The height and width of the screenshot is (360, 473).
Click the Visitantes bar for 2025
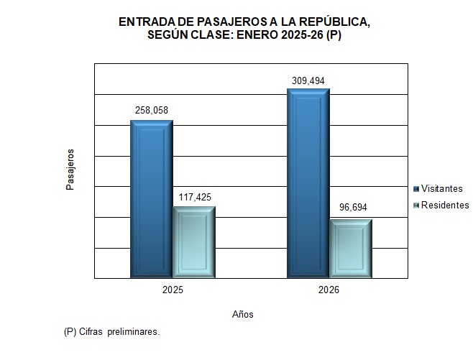(x=151, y=198)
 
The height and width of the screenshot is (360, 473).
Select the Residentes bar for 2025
(x=194, y=241)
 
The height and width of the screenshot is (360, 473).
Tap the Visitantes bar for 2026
(x=308, y=183)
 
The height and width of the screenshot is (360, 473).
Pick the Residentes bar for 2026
(x=351, y=248)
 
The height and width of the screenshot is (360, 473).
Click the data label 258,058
(x=152, y=111)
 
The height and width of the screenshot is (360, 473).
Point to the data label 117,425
(x=194, y=197)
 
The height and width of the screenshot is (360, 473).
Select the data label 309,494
(x=308, y=80)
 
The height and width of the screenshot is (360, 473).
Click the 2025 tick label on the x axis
(x=173, y=291)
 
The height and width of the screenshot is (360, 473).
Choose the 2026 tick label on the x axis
(x=329, y=291)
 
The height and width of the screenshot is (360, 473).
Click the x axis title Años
(x=243, y=314)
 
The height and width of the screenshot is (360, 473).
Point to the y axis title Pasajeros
(x=70, y=170)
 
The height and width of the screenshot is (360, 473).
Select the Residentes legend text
(x=445, y=206)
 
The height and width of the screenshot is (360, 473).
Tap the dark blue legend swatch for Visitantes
(x=416, y=188)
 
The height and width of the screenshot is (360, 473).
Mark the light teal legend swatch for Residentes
(x=416, y=206)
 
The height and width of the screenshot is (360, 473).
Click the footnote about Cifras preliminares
(x=111, y=332)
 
